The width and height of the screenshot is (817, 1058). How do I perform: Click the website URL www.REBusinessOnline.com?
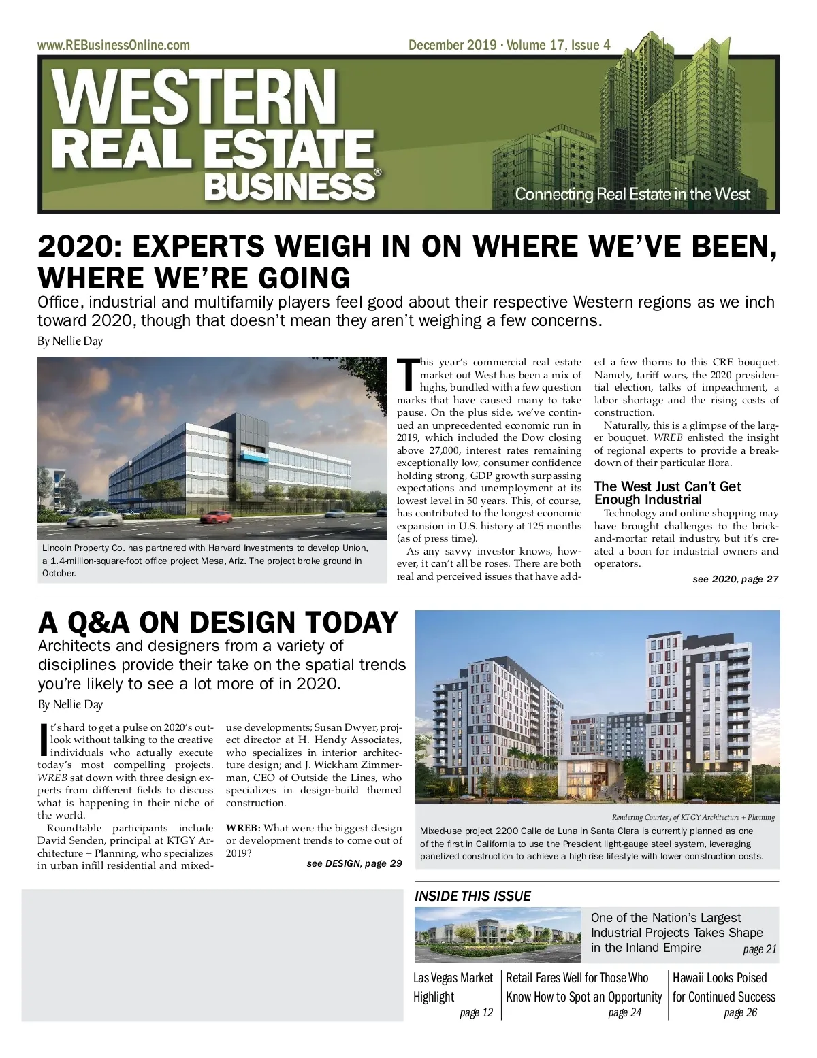click(114, 46)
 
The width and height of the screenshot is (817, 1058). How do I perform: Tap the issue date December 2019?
click(452, 46)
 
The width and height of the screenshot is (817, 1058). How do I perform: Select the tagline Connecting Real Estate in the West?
click(632, 194)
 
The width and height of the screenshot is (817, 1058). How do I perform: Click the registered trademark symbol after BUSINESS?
click(378, 173)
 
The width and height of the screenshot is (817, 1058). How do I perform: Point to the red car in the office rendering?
click(217, 516)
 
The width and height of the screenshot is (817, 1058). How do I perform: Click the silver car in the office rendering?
click(93, 518)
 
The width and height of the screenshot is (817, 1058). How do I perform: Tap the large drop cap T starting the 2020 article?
click(407, 375)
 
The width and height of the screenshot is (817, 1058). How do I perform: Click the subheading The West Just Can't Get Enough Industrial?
click(667, 493)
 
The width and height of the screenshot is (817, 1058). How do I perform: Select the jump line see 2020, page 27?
click(735, 579)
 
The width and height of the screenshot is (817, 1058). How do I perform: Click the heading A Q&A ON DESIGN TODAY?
click(218, 623)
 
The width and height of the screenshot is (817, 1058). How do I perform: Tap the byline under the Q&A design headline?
click(70, 704)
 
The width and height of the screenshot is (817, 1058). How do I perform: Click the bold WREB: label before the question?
click(243, 828)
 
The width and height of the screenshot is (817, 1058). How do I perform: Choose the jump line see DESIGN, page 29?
click(354, 863)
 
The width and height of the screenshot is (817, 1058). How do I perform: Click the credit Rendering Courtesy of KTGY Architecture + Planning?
click(693, 817)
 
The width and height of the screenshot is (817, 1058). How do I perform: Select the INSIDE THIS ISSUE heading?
click(472, 896)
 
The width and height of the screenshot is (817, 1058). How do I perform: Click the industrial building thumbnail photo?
click(497, 936)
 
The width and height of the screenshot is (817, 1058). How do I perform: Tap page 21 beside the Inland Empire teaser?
click(759, 949)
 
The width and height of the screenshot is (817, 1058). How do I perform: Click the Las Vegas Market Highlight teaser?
click(453, 987)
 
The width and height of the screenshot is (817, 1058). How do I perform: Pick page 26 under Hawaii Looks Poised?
click(741, 1012)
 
